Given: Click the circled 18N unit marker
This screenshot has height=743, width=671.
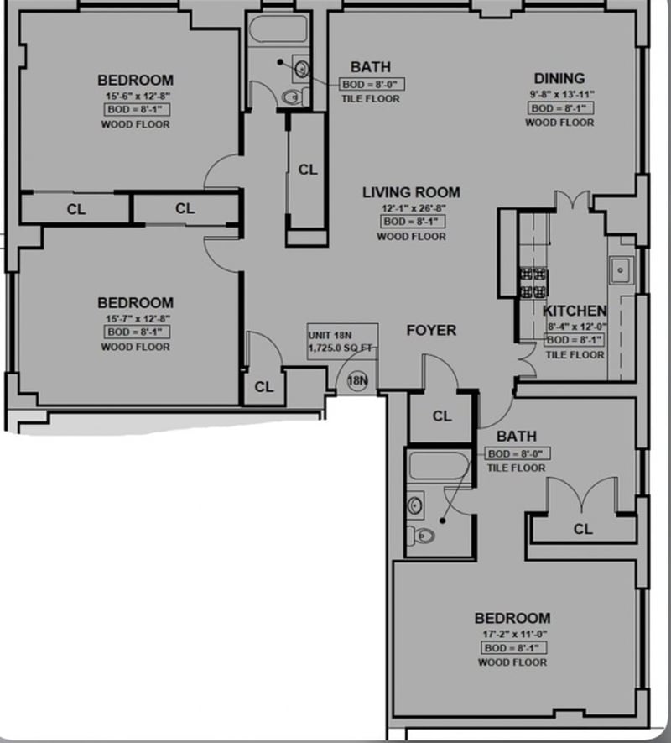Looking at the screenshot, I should coord(357,380).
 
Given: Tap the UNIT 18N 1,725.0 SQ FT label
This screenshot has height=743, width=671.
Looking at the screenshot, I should coord(342,340).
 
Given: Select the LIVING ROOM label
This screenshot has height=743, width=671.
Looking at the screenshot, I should coord(411,192).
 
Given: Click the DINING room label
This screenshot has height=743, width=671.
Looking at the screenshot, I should coord(559,79).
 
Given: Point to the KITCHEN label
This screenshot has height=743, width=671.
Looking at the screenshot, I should coord(575,311).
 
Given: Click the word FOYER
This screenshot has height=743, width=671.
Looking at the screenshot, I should coord(431,330).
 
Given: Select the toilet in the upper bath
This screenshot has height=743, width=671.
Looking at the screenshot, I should coord(291,97).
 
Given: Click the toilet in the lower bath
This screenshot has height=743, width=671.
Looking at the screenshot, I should coord(424,535).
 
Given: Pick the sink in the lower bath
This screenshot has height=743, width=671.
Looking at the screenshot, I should coord(415,504).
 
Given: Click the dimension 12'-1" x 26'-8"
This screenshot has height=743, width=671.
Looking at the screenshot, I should coord(411,207).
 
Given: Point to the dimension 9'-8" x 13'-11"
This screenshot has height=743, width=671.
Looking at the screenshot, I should coord(559,95).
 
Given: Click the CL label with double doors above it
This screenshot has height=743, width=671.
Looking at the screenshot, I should coord(583,529).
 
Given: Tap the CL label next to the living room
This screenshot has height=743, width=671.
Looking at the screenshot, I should coord(308,170).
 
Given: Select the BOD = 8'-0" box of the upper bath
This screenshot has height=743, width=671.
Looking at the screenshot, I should coord(370,84).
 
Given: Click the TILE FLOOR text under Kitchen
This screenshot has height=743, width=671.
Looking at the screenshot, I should coord(575,355).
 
